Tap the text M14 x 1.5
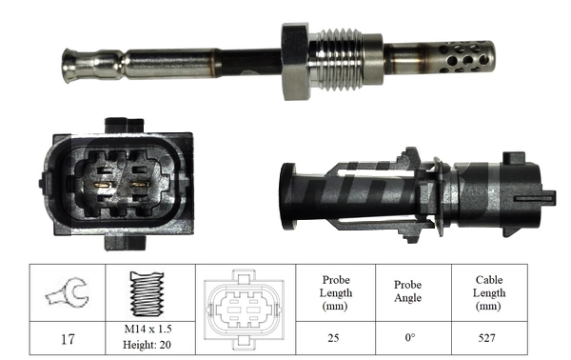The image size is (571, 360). tap(148, 330)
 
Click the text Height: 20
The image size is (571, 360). tap(148, 344)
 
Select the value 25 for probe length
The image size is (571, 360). tap(334, 337)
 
